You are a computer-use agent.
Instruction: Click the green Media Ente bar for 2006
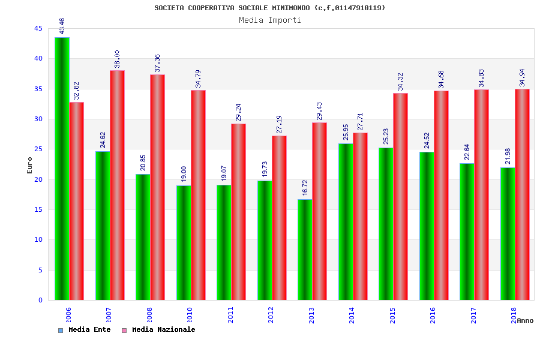tap(62, 169)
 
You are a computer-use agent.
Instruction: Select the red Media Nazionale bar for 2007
tap(117, 185)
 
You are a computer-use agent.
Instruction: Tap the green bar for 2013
tap(305, 250)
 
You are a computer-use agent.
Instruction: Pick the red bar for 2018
tap(522, 194)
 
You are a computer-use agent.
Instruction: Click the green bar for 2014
tap(346, 221)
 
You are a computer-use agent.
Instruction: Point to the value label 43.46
tap(62, 26)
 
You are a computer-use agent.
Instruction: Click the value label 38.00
tap(117, 59)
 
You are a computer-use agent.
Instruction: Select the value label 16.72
tap(305, 188)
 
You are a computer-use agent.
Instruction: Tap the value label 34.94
tap(522, 77)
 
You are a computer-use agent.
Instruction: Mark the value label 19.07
tap(224, 173)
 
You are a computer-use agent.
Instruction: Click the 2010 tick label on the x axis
tap(190, 315)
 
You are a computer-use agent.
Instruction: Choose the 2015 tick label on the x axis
tap(392, 315)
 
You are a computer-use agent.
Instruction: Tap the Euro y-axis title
tap(30, 165)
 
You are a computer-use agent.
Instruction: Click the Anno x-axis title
tap(525, 320)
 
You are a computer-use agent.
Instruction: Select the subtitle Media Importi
tap(270, 20)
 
